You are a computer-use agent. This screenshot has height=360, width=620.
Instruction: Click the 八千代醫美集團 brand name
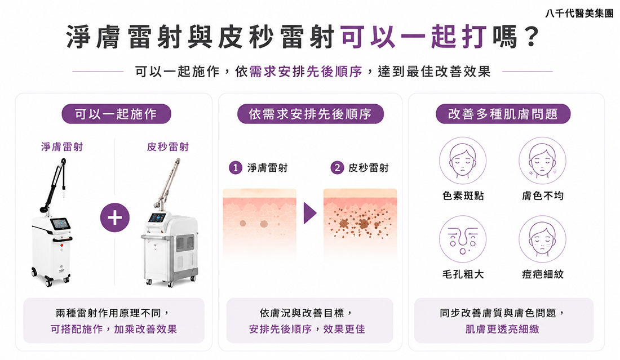click(x=579, y=14)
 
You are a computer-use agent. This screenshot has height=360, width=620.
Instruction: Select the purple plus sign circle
click(x=114, y=217)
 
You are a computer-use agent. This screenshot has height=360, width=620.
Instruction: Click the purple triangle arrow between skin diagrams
click(x=310, y=214)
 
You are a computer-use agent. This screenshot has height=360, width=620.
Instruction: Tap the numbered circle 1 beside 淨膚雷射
click(x=235, y=168)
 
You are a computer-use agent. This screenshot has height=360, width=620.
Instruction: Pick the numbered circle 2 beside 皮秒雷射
click(x=337, y=168)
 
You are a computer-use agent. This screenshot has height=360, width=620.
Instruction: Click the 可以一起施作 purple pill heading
click(x=116, y=114)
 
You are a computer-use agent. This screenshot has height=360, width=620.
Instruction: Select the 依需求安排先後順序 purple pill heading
click(x=311, y=114)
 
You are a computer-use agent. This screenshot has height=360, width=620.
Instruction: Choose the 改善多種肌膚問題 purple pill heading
click(x=503, y=114)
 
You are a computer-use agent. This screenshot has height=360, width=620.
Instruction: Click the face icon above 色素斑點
click(x=463, y=161)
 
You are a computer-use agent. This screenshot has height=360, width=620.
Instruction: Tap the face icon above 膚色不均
click(x=542, y=161)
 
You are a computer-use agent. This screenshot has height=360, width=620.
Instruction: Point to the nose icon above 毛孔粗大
click(x=463, y=239)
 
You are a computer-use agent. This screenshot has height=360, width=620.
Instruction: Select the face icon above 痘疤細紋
click(x=542, y=239)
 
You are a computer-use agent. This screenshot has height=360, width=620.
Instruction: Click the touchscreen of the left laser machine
click(x=60, y=224)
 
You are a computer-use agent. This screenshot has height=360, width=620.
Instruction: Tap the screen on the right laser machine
click(x=158, y=217)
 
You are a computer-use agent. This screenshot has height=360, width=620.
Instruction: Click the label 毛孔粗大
click(x=463, y=274)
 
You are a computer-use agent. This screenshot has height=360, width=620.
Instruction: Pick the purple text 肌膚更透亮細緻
click(x=502, y=329)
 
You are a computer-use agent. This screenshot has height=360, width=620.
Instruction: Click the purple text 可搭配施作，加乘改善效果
click(x=113, y=329)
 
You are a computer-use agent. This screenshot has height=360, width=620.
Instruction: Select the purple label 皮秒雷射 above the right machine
click(x=167, y=147)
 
